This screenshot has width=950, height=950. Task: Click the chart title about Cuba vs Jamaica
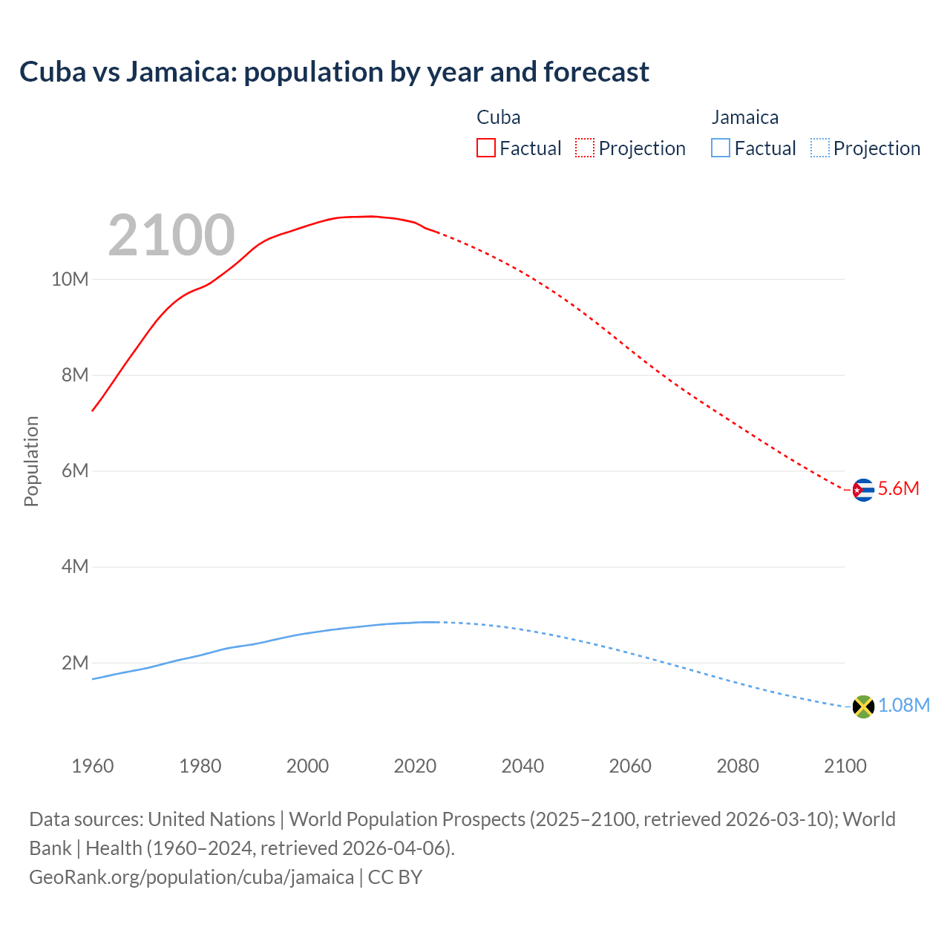pos(334,72)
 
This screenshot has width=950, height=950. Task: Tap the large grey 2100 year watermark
pos(171,235)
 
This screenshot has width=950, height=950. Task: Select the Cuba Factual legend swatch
pos(485,148)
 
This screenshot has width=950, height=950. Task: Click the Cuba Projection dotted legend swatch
pos(585,148)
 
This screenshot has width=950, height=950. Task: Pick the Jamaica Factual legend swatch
pos(721,148)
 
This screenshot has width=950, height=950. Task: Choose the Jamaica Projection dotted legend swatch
pos(820,148)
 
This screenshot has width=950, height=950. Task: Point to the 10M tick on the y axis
pos(70,280)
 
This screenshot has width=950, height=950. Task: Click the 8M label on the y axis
pos(74,376)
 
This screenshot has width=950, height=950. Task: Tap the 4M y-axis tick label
pos(74,567)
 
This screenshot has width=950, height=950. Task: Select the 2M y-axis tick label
pos(74,663)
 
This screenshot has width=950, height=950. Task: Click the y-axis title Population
pos(31,461)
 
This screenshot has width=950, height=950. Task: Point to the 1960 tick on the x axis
pos(93,766)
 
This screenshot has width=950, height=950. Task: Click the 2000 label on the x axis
pos(307,766)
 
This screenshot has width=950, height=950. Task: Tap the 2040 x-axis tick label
pos(522,766)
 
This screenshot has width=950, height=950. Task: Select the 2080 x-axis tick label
pos(738,766)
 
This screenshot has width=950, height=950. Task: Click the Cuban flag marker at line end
pos(862,490)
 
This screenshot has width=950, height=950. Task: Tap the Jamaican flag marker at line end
pos(862,707)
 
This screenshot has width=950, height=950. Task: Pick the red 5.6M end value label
pos(898,488)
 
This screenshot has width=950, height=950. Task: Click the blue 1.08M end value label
pos(903,706)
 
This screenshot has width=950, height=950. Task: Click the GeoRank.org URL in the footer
pos(191,877)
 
